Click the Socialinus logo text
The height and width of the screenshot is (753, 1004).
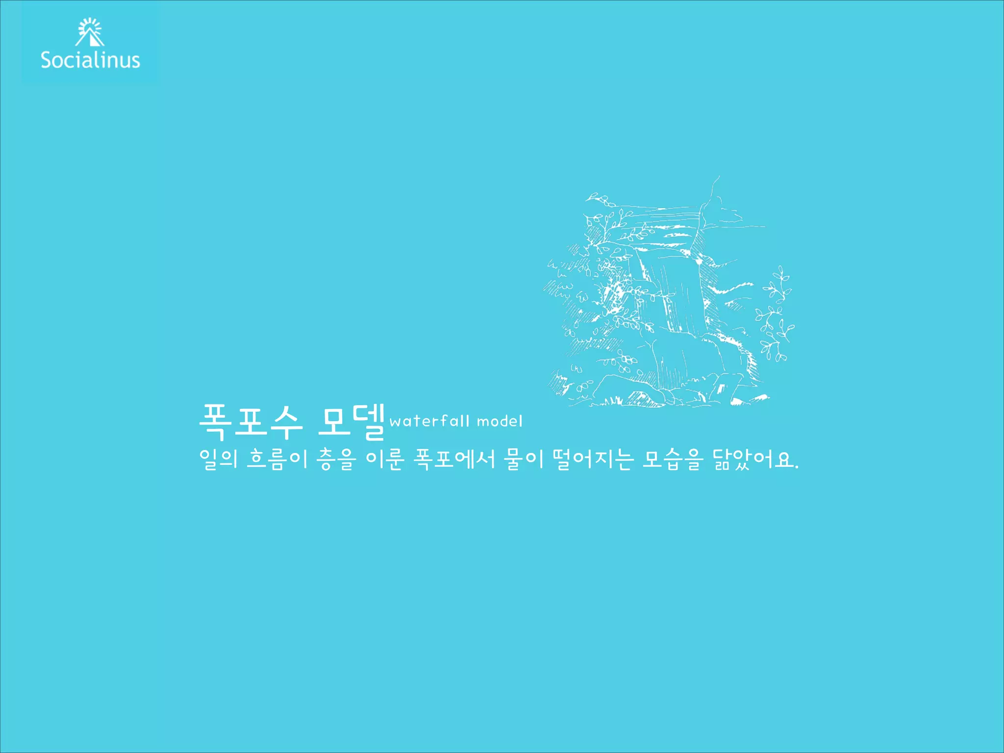[90, 60]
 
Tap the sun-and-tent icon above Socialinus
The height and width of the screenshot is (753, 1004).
[90, 32]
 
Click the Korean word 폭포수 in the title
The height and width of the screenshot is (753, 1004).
[250, 421]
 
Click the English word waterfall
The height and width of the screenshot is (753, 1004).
[429, 421]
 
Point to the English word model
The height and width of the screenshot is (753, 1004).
[500, 422]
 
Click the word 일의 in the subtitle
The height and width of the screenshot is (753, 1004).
[218, 459]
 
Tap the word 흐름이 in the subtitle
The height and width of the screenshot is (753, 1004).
[277, 459]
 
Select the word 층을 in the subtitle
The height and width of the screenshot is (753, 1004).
[336, 459]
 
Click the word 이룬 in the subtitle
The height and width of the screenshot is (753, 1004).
[385, 459]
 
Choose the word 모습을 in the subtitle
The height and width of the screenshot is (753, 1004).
[673, 459]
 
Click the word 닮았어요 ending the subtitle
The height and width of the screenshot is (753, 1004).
[753, 459]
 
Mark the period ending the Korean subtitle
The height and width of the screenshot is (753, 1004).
[797, 467]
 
